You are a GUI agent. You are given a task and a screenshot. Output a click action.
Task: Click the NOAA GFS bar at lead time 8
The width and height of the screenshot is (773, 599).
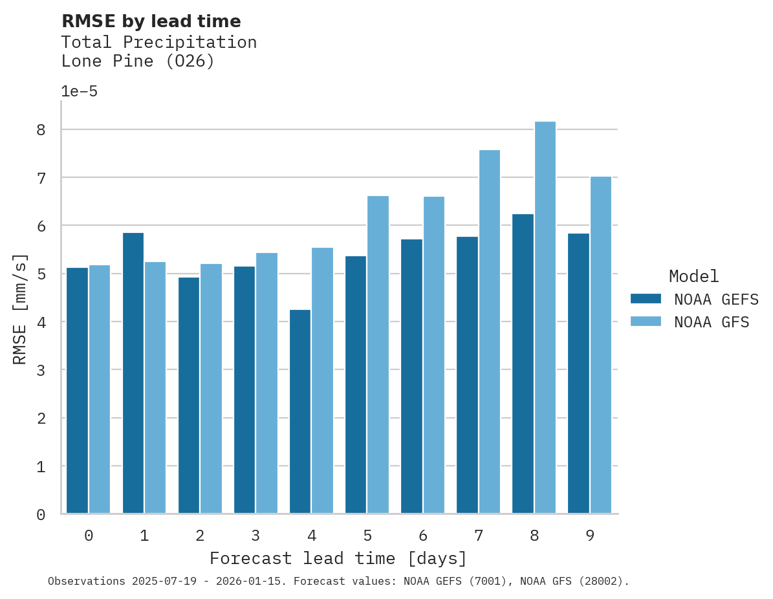pos(545,318)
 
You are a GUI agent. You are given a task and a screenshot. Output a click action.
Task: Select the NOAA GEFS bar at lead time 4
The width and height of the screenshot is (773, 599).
pos(300,411)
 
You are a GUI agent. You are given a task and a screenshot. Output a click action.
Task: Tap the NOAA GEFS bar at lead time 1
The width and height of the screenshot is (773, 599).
pos(133,373)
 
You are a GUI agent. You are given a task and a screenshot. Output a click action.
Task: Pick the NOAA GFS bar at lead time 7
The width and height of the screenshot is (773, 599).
pos(489,332)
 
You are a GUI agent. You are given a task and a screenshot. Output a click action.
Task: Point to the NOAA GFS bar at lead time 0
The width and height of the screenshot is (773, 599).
pos(100,389)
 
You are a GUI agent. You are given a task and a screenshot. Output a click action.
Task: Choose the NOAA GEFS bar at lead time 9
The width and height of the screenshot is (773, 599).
pos(578,373)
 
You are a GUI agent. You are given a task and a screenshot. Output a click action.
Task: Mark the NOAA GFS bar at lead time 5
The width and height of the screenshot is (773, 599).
pos(378,354)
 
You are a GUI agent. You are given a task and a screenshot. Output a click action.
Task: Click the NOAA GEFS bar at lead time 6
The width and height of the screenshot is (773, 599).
pos(411,376)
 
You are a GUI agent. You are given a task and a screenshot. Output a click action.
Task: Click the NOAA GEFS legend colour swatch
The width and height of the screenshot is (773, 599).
pos(646,298)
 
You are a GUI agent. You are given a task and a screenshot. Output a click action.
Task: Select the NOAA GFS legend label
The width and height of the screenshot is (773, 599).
pos(712,322)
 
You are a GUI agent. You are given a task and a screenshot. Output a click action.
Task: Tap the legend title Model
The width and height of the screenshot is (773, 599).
pos(693,276)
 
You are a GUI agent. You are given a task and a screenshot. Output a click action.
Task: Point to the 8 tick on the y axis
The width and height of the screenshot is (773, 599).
pos(41,130)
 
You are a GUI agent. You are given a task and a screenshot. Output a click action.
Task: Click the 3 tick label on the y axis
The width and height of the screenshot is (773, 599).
pos(41,370)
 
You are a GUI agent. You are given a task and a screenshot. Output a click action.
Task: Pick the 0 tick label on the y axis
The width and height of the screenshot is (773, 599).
pos(41,514)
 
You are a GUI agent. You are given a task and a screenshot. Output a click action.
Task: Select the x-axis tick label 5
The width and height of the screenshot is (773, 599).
pos(367,536)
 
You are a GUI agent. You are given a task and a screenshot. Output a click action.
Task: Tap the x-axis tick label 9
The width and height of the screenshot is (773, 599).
pos(590,536)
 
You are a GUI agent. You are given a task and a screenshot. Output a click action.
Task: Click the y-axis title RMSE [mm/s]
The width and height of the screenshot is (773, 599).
pos(21,309)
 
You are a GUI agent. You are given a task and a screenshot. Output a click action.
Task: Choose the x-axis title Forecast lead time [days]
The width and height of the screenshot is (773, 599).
pos(338,558)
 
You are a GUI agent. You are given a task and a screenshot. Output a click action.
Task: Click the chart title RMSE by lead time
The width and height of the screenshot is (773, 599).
pos(151,21)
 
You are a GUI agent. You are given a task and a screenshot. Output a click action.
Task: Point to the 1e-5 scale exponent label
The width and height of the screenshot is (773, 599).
pos(79,91)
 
